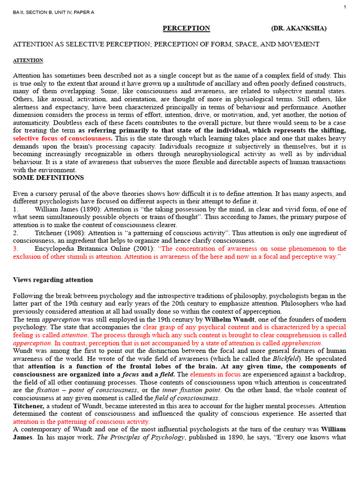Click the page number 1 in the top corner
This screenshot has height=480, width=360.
tap(345, 7)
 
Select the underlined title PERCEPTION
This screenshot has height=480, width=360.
tap(186, 29)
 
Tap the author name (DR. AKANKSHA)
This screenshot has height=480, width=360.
tap(299, 29)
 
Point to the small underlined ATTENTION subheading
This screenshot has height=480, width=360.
tap(28, 60)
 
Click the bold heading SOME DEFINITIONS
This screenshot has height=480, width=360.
tap(48, 178)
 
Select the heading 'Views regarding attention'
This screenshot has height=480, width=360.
tap(53, 280)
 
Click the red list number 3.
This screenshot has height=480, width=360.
tap(15, 249)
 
